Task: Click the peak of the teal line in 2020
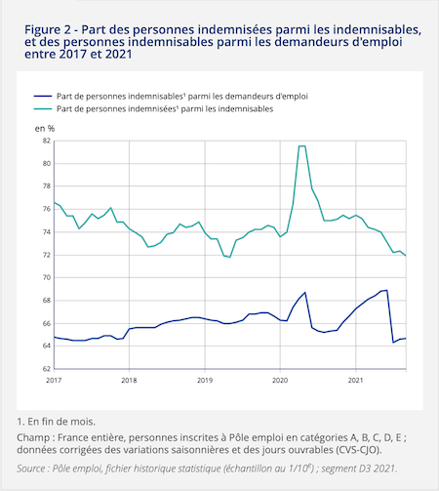click(x=302, y=146)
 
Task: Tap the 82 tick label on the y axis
click(x=47, y=141)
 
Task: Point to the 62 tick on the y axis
click(x=47, y=369)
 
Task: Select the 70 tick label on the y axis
click(x=47, y=277)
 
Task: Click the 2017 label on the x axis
click(x=54, y=380)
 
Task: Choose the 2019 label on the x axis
click(x=205, y=380)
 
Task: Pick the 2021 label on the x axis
click(x=355, y=380)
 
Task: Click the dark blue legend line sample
click(x=43, y=96)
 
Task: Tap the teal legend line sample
click(x=43, y=108)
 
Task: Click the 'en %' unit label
click(x=45, y=129)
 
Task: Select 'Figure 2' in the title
click(x=48, y=30)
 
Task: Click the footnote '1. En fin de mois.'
click(x=56, y=422)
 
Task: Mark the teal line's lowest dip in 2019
click(x=230, y=257)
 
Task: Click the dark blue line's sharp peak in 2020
click(x=305, y=292)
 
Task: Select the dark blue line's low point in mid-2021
click(x=393, y=343)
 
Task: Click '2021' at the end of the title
click(x=119, y=55)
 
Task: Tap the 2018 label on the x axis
click(x=129, y=380)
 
